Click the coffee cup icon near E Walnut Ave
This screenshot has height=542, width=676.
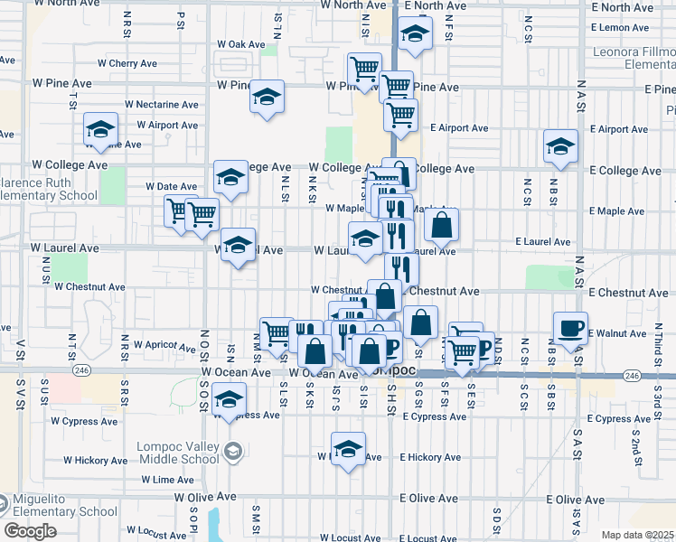[x=569, y=328]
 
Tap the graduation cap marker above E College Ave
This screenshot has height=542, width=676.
[x=560, y=146]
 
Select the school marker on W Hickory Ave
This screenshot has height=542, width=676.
[x=348, y=449]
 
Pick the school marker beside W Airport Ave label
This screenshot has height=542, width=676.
[x=100, y=128]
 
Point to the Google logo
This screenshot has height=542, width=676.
[x=30, y=531]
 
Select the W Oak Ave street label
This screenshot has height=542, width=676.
[x=241, y=44]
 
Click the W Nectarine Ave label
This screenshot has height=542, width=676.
[x=162, y=105]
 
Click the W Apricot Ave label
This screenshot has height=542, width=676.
[x=164, y=345]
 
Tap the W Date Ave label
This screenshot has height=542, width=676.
[x=171, y=186]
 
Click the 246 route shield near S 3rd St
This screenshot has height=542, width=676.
[x=631, y=375]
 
